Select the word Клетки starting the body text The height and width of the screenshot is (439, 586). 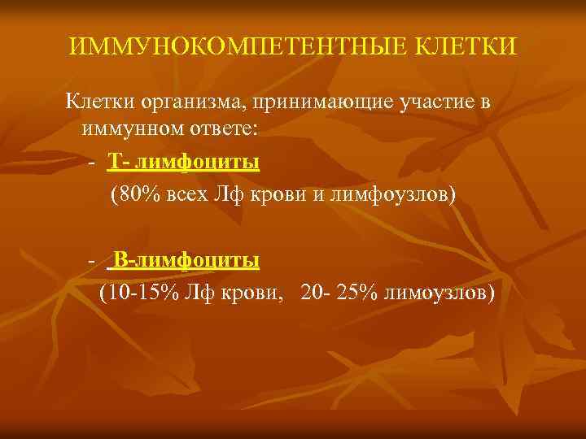click(x=95, y=102)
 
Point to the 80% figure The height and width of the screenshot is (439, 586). click(x=131, y=195)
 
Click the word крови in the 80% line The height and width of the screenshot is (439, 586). click(x=281, y=195)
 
